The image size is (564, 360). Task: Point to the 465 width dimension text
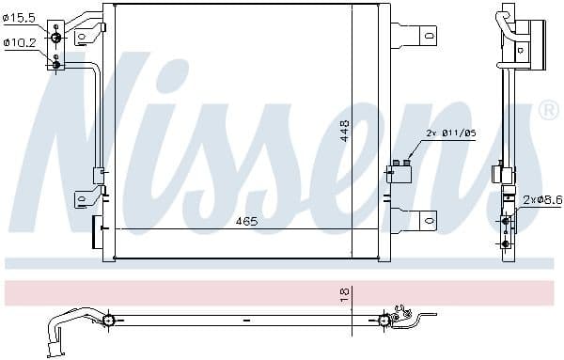coord(246,223)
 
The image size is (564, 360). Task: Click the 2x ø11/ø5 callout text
coord(451,134)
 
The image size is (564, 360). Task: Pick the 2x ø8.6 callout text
coord(542,200)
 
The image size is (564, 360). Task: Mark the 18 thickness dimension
coord(345,293)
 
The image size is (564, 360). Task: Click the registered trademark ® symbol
coord(547,111)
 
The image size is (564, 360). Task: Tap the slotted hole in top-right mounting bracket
coord(429,37)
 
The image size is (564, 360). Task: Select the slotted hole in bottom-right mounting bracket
coord(429,221)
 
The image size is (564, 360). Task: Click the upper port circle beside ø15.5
coord(55,38)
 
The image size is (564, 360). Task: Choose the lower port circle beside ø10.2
coord(55,62)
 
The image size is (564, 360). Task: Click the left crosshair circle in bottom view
coord(109,321)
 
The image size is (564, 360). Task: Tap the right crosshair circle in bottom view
coord(384,321)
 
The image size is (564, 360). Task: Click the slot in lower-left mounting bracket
coord(81,199)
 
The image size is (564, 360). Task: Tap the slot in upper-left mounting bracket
coord(81,37)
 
